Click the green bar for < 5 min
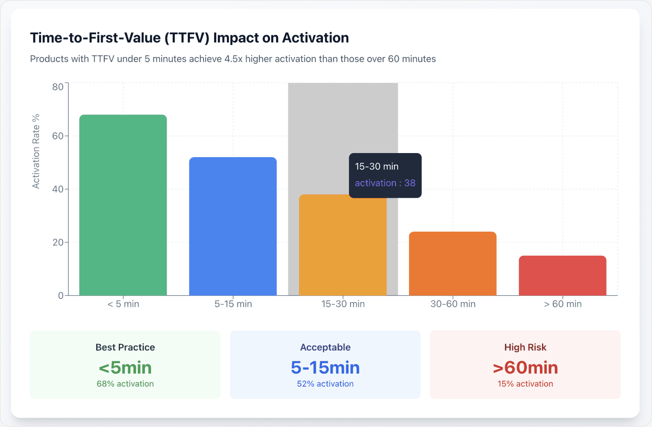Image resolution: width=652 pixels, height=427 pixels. [x=123, y=205]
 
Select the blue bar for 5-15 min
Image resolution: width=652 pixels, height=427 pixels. [x=233, y=226]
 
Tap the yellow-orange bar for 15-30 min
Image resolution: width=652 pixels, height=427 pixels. [x=342, y=245]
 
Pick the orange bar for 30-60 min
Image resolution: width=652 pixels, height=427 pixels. [x=452, y=264]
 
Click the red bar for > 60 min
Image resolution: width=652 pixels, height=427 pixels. [x=562, y=276]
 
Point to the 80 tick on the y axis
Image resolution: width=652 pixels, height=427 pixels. [x=58, y=87]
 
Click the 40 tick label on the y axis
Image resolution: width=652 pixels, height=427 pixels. [x=58, y=189]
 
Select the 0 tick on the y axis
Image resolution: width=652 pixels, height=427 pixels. [x=61, y=296]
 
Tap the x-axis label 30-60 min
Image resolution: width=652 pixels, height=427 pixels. [x=453, y=304]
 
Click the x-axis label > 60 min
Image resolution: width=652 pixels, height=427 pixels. [x=563, y=304]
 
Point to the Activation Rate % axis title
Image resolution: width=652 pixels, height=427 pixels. [x=36, y=151]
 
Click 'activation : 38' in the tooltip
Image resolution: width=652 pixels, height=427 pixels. [x=385, y=183]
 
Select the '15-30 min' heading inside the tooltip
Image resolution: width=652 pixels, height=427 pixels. [x=377, y=166]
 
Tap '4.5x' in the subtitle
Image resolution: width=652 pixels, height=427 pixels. [x=233, y=59]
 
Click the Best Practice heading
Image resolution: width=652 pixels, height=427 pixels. [x=125, y=347]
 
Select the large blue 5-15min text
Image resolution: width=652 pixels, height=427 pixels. [x=325, y=368]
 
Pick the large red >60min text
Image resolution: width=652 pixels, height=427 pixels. [x=525, y=368]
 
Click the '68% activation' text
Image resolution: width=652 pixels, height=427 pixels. [x=125, y=384]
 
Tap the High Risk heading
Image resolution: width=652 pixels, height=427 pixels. [x=525, y=347]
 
